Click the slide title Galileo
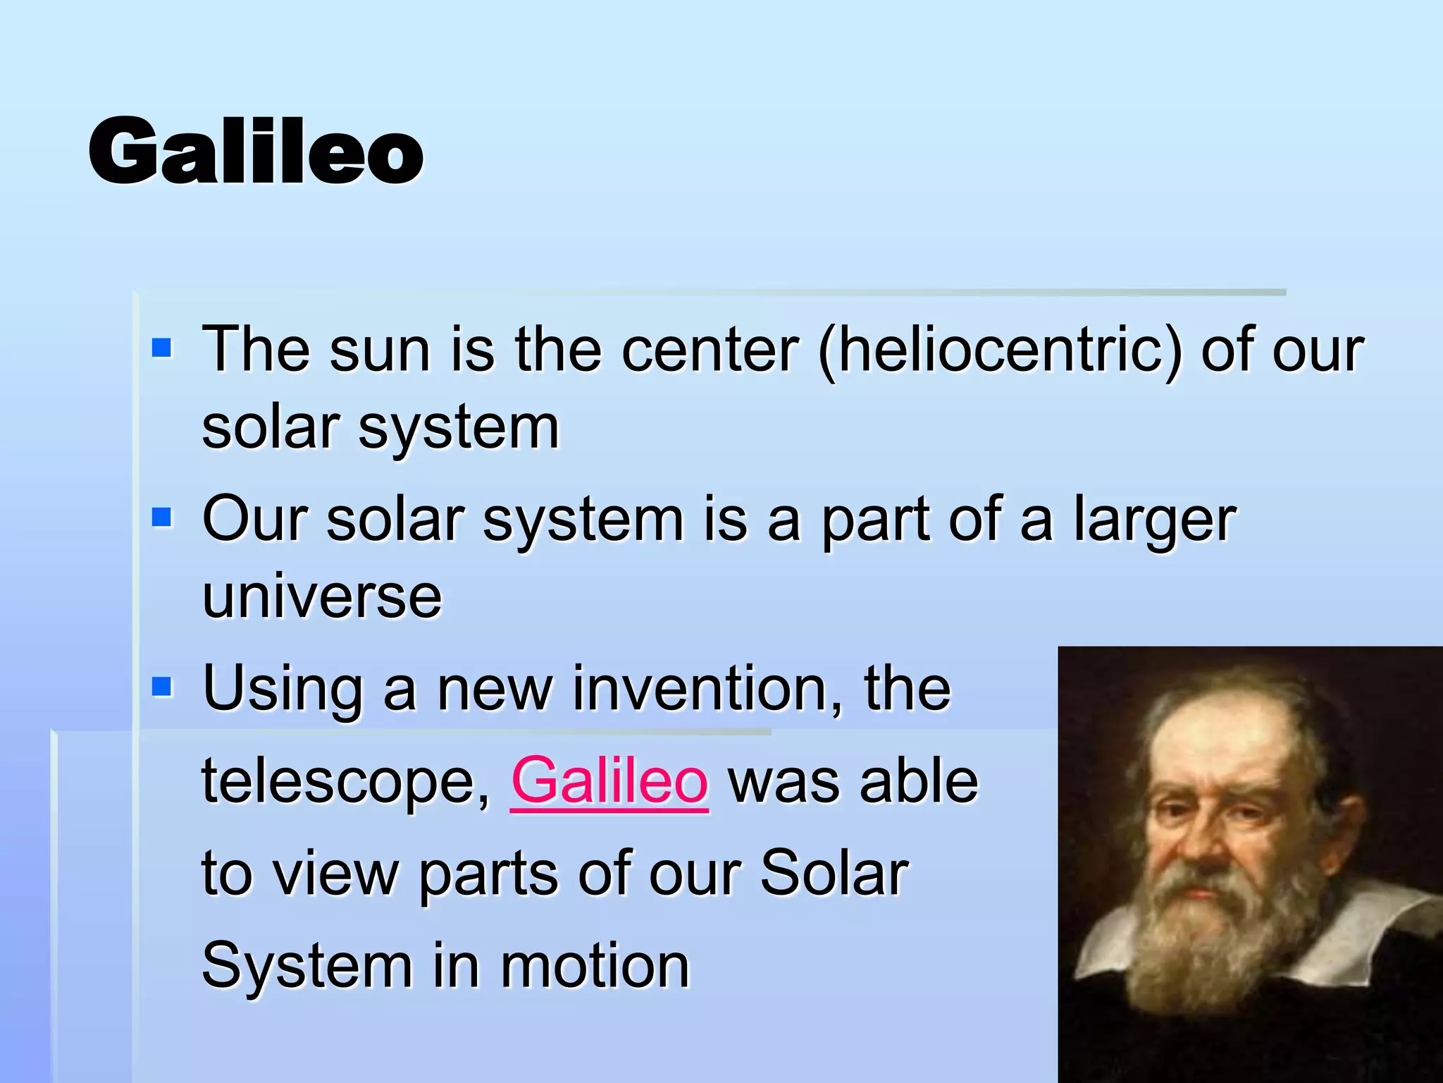point(255,152)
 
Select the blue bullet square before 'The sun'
point(162,348)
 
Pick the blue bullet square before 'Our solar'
point(162,518)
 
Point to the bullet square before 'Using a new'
point(162,687)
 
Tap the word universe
point(322,596)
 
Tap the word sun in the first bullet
point(380,350)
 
